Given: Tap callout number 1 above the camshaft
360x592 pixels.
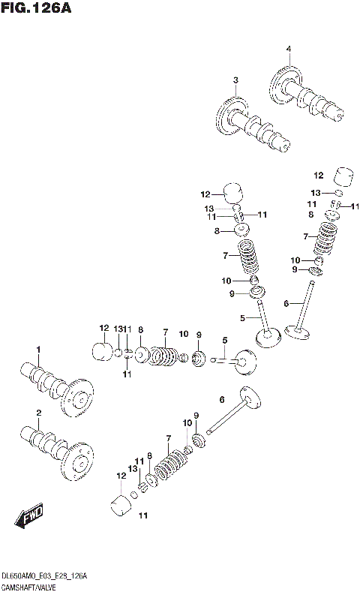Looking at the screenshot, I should pos(38,350).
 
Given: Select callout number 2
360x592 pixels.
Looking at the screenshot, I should pos(38,413).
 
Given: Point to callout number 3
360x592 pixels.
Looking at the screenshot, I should pos(235,80).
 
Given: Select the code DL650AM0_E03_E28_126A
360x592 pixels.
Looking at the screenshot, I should pos(45,575).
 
